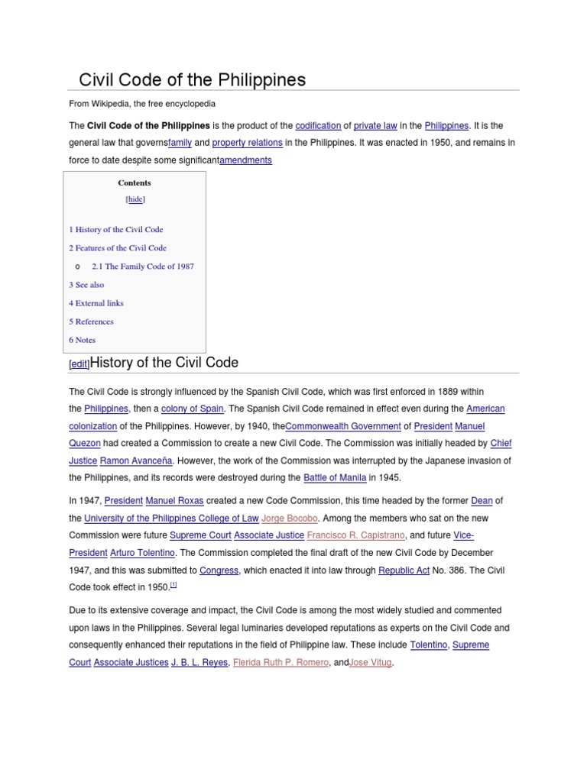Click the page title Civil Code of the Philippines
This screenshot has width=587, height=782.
point(193,79)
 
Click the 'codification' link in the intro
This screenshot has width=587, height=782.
point(317,126)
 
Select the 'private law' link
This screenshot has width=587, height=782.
point(374,126)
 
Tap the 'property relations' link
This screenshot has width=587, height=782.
point(247,143)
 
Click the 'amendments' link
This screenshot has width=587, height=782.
point(245,160)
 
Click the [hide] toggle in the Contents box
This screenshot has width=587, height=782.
point(135,199)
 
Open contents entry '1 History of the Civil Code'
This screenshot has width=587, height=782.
point(115,229)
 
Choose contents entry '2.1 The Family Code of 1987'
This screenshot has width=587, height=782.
point(142,267)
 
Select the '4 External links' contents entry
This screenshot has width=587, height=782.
point(96,303)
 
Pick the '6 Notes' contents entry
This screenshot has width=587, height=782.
point(82,340)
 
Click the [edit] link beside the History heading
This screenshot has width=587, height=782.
point(79,365)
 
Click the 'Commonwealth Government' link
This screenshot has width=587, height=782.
point(343,426)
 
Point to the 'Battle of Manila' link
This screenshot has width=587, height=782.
point(335,478)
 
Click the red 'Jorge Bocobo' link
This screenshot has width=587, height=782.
point(290,519)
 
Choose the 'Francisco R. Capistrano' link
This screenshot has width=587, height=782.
point(356,535)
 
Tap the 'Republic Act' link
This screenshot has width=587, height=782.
point(404,570)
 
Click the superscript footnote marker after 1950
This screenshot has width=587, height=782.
point(174,585)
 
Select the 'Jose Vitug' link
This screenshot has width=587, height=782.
point(371,663)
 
